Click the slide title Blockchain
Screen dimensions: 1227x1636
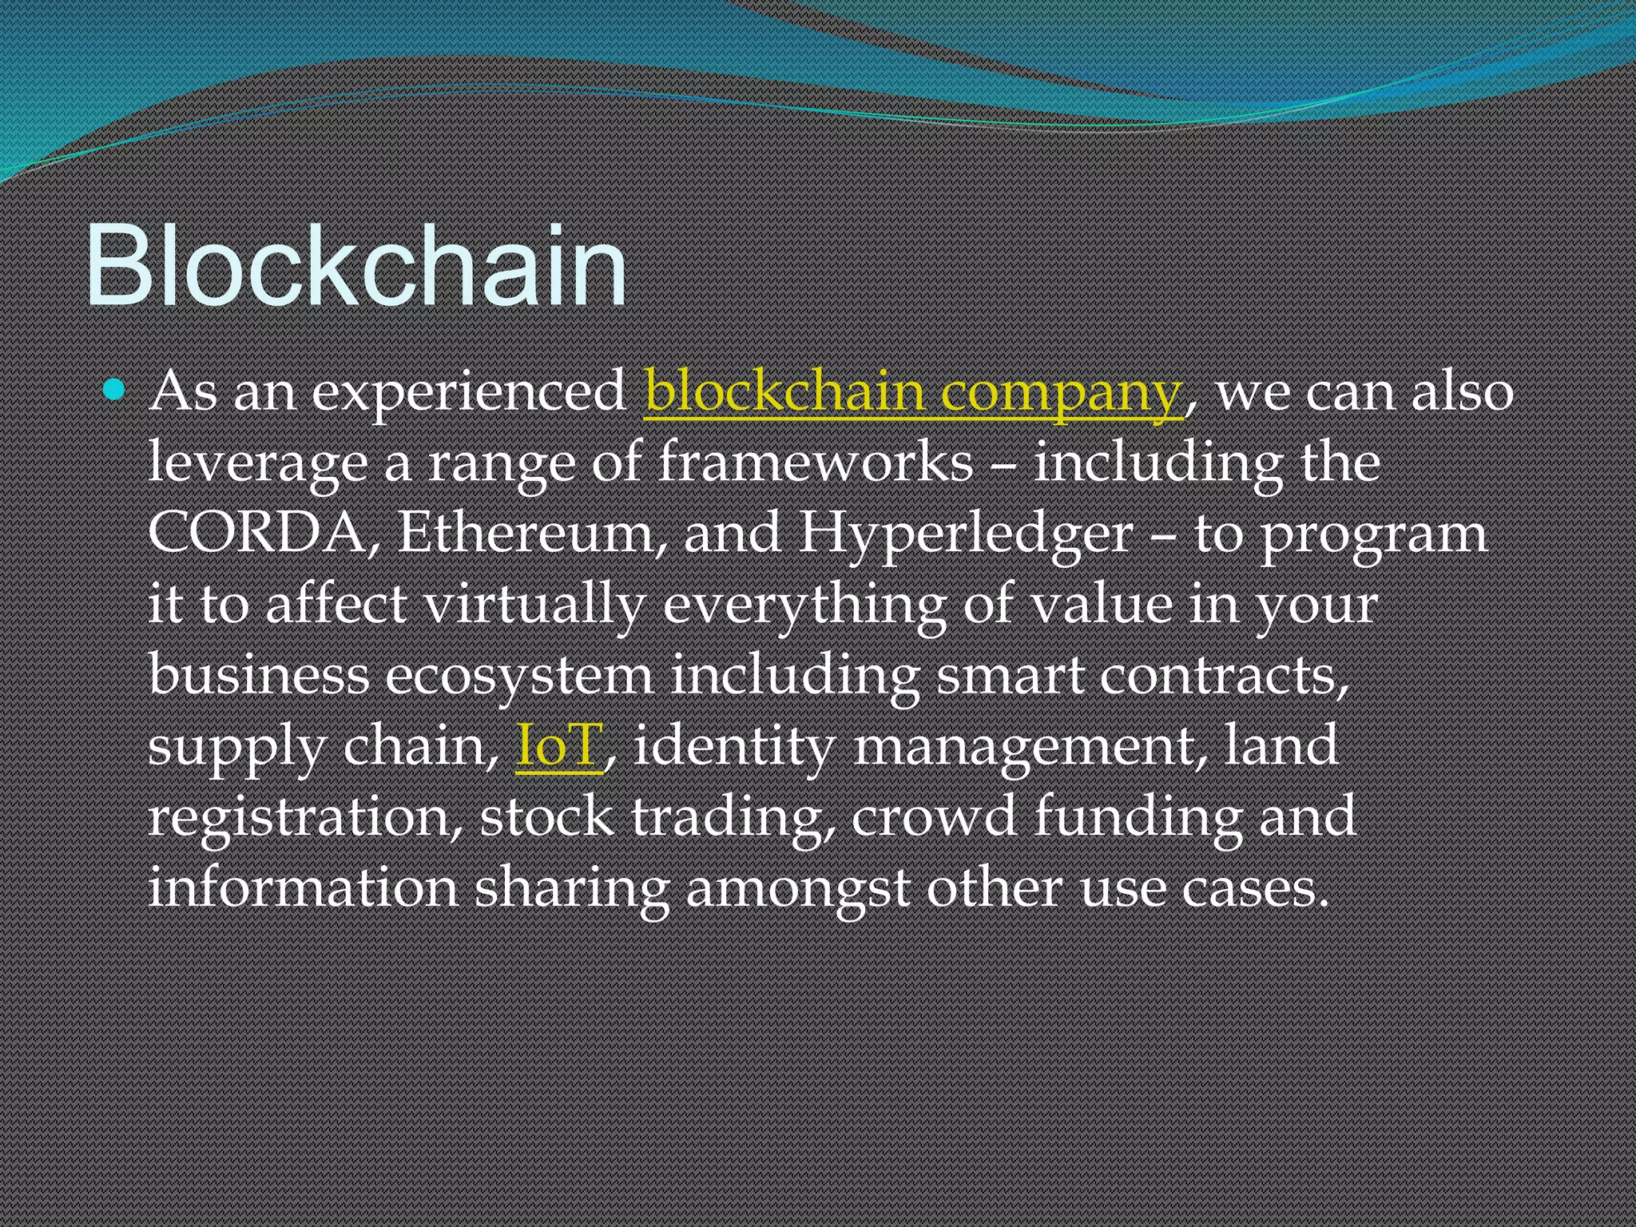(355, 266)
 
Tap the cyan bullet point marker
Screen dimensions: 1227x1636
(115, 391)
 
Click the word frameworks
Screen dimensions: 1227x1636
(816, 463)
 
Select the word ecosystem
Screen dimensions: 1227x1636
(519, 676)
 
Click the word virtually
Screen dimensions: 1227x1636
(534, 605)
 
